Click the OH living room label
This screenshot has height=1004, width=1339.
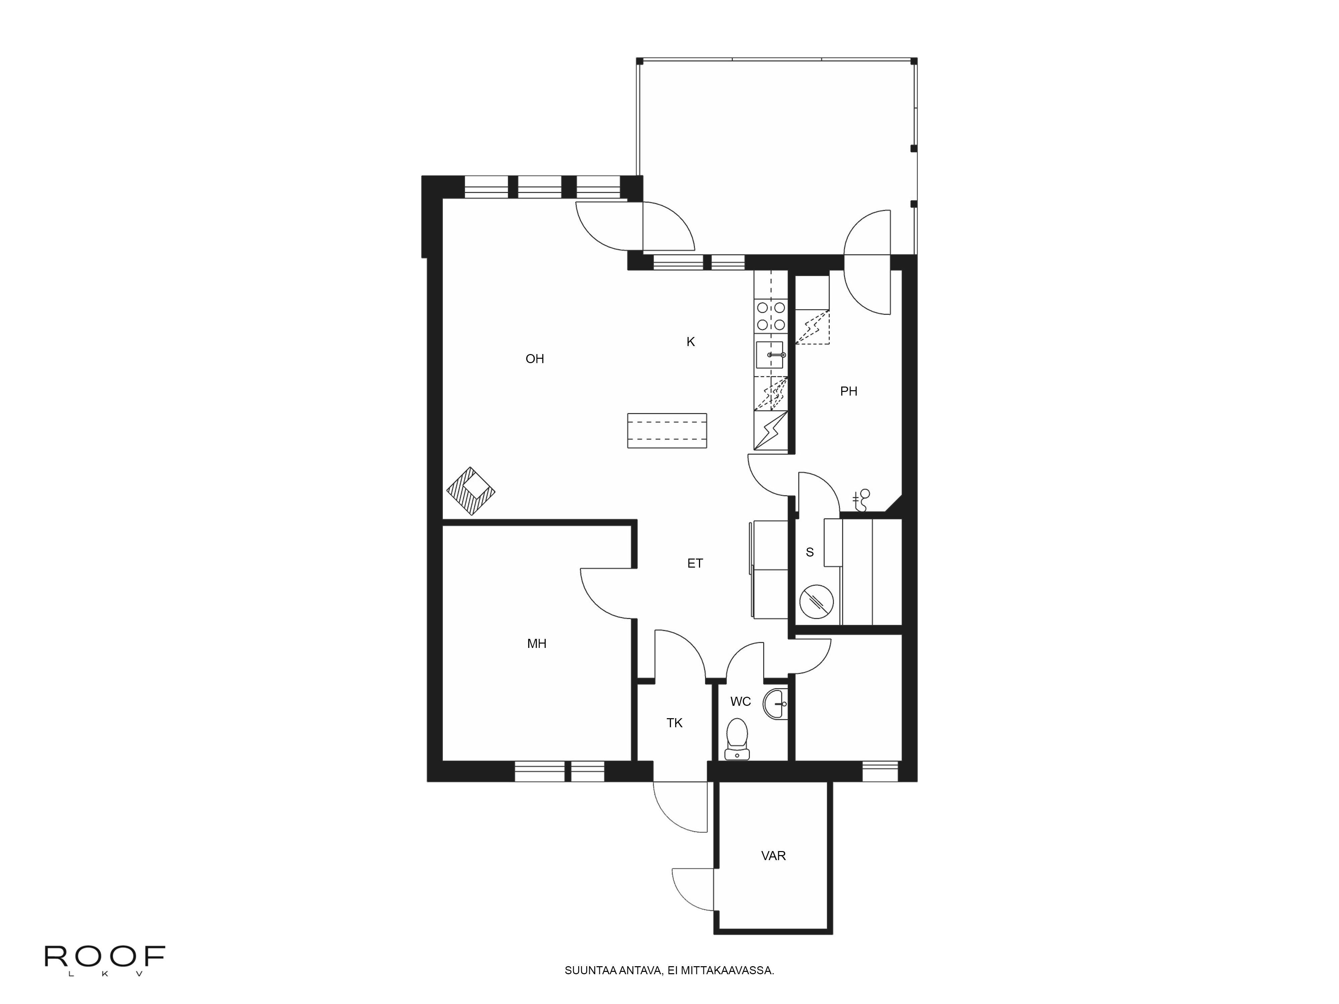pos(535,359)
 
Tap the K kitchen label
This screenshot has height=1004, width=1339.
pos(691,342)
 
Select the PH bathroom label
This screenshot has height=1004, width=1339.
pos(849,392)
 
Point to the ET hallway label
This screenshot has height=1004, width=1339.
pos(695,564)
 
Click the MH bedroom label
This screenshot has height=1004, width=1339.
pos(537,644)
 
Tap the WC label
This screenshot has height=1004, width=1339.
pos(740,701)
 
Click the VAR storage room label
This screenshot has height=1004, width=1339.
pos(774,856)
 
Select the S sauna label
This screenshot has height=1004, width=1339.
pos(810,552)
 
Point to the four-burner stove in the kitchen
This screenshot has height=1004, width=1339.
pos(771,317)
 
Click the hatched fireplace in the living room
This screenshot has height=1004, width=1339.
pos(471,491)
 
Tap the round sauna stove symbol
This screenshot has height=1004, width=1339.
pos(816,601)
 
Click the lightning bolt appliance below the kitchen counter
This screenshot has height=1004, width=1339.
pos(771,430)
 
